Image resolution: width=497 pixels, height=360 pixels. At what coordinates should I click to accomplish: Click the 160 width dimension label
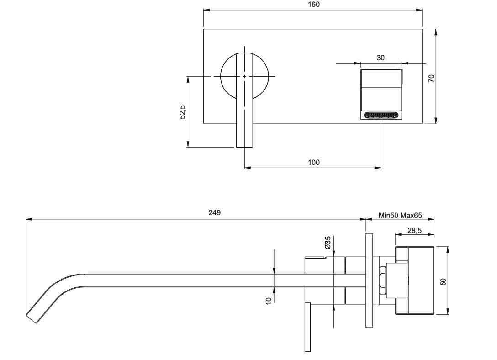tap(314, 5)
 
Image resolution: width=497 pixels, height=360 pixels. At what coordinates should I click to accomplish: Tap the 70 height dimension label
tap(430, 78)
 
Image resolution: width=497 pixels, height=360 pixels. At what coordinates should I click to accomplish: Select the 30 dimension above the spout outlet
tap(381, 58)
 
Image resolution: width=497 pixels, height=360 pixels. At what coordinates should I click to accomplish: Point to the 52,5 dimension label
tap(182, 112)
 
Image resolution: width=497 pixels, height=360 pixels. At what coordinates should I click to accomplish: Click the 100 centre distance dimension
tap(314, 162)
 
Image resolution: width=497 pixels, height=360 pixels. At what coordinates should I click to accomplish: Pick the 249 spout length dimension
tap(214, 213)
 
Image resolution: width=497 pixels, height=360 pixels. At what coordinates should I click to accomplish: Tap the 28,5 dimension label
tap(414, 231)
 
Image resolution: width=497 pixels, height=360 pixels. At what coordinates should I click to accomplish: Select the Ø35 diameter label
tap(328, 242)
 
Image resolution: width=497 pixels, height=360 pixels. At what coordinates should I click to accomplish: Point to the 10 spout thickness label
tap(269, 300)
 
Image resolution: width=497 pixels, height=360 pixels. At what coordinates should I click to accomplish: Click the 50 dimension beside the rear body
tap(443, 282)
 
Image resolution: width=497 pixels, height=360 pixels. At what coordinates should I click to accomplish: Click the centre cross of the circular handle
tap(245, 76)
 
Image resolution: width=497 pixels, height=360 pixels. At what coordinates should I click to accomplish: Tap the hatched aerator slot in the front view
tap(381, 115)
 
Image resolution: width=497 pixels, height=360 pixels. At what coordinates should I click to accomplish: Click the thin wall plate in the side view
tap(369, 280)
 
